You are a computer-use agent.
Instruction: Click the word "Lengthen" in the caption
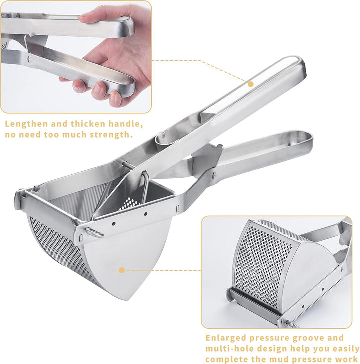coord(26,124)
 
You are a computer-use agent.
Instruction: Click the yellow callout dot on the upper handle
coord(250,84)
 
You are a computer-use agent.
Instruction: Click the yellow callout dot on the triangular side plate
coord(122,270)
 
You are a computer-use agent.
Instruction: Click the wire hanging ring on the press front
coord(94,232)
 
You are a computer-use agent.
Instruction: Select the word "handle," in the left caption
coord(125,124)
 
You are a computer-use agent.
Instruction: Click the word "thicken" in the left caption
coord(88,124)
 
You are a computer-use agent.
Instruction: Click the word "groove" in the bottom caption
coord(308,338)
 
